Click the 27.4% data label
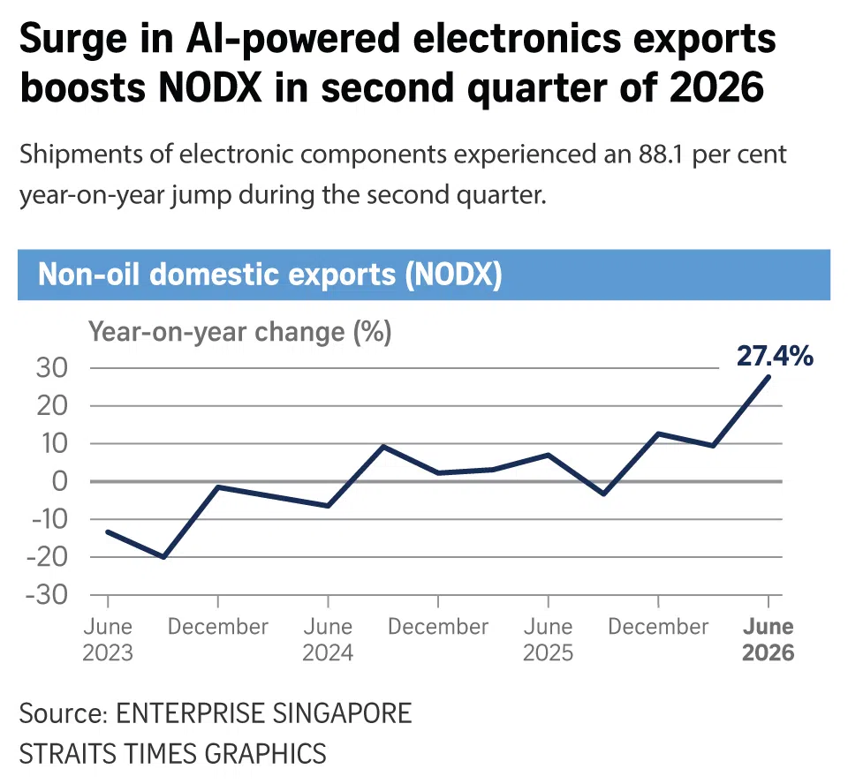click(x=775, y=357)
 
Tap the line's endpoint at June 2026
click(x=768, y=376)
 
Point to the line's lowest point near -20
click(x=163, y=557)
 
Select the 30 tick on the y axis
click(x=52, y=368)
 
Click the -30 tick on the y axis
click(x=47, y=595)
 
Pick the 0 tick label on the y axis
click(x=59, y=481)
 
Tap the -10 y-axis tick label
click(x=49, y=520)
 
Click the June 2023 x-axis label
click(x=108, y=639)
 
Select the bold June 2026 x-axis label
click(x=768, y=639)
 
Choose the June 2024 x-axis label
click(x=328, y=639)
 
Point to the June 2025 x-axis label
click(x=548, y=639)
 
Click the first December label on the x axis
click(x=218, y=627)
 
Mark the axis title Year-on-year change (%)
click(x=240, y=332)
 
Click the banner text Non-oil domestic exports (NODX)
click(x=270, y=275)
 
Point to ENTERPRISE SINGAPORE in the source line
click(x=264, y=713)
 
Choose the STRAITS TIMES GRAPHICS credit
click(x=173, y=754)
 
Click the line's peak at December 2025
click(x=658, y=433)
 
